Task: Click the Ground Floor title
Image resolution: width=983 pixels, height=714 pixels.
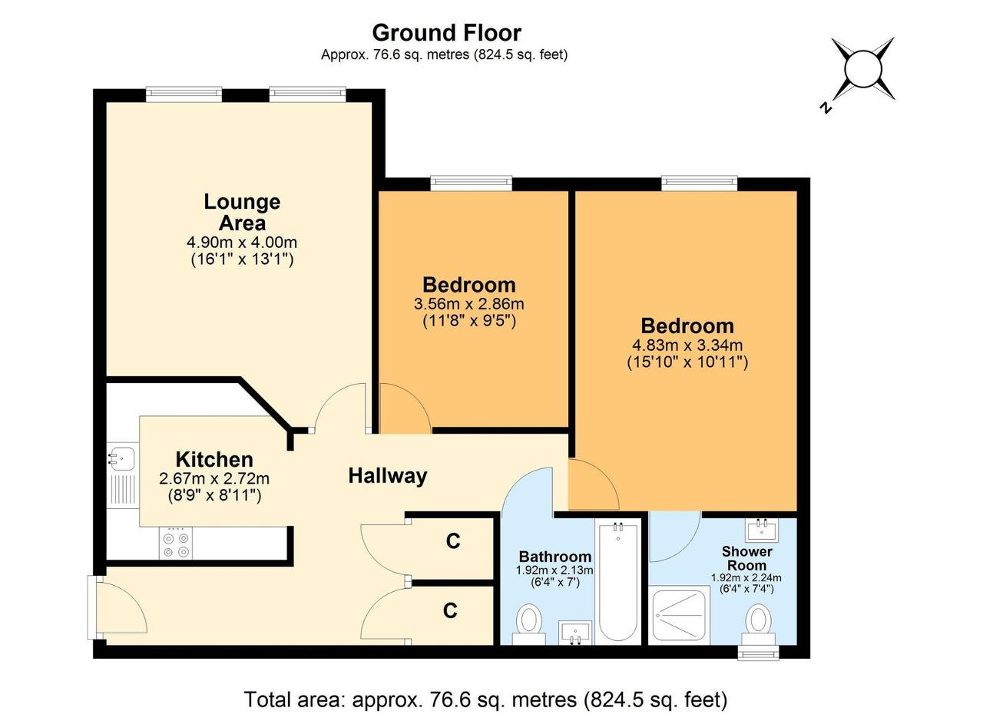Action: point(446,32)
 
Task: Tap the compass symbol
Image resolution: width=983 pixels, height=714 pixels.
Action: point(862,69)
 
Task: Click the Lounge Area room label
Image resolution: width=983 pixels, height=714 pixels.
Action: point(242,212)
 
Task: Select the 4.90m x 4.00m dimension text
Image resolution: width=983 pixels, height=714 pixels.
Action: point(242,242)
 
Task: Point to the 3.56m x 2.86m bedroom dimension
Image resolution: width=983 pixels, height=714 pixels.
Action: point(468,304)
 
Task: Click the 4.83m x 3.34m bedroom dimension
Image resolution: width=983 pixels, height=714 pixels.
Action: point(687,345)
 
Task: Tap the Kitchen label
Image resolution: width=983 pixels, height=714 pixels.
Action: point(214,460)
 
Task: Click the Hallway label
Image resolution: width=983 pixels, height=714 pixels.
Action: point(388,476)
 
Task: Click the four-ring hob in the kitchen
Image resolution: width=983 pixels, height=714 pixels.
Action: point(176,544)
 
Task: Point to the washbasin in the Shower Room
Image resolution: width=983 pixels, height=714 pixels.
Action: point(761,531)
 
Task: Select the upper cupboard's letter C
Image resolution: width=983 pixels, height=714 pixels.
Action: point(453,541)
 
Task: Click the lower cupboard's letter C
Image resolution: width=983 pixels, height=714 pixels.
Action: point(450,610)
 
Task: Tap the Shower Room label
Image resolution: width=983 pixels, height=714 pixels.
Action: point(747,558)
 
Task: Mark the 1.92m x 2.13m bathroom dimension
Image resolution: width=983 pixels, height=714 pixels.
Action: point(554,570)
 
